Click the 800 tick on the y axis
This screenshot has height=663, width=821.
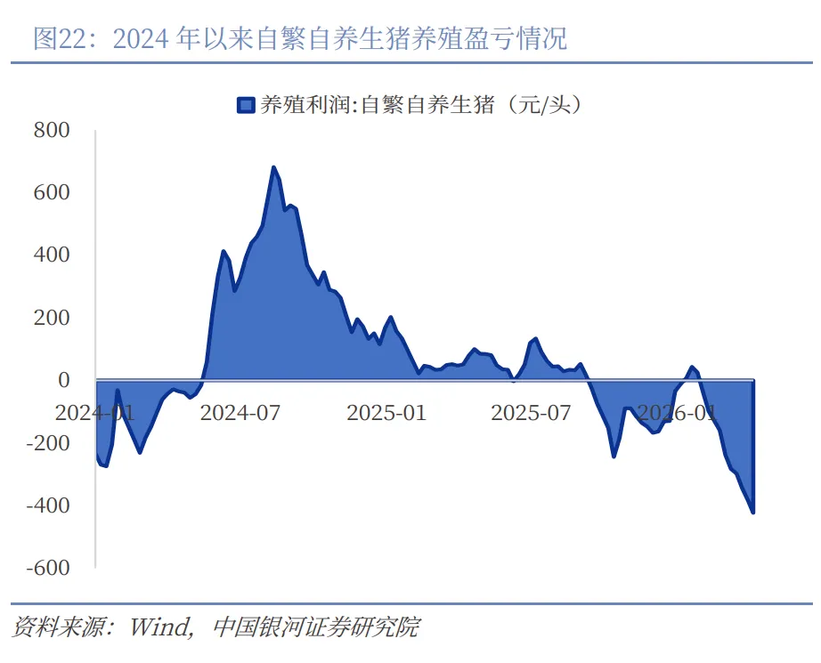pyautogui.click(x=52, y=130)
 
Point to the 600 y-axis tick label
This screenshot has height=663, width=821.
pyautogui.click(x=52, y=192)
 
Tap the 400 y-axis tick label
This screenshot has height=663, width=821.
pyautogui.click(x=52, y=255)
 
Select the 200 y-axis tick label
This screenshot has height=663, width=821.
pyautogui.click(x=52, y=318)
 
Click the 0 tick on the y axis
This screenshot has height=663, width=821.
pyautogui.click(x=63, y=380)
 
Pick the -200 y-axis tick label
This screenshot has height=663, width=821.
pyautogui.click(x=48, y=442)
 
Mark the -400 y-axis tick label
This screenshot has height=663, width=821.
pyautogui.click(x=48, y=505)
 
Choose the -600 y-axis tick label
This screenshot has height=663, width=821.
pyautogui.click(x=48, y=568)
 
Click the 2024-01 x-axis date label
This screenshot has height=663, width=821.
pyautogui.click(x=94, y=413)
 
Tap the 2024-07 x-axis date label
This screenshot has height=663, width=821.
pyautogui.click(x=240, y=413)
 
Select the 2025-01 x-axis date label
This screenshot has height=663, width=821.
pyautogui.click(x=386, y=413)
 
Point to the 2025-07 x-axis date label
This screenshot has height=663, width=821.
pyautogui.click(x=531, y=413)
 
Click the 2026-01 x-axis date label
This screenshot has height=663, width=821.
pyautogui.click(x=677, y=413)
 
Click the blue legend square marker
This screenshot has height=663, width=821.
pyautogui.click(x=246, y=105)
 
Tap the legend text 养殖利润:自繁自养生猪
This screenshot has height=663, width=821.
pyautogui.click(x=378, y=105)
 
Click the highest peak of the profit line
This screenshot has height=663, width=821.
pyautogui.click(x=273, y=167)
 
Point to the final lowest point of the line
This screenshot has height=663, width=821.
pyautogui.click(x=753, y=513)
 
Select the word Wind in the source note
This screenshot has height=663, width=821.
pyautogui.click(x=159, y=627)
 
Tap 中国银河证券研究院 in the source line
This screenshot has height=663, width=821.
pyautogui.click(x=316, y=627)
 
